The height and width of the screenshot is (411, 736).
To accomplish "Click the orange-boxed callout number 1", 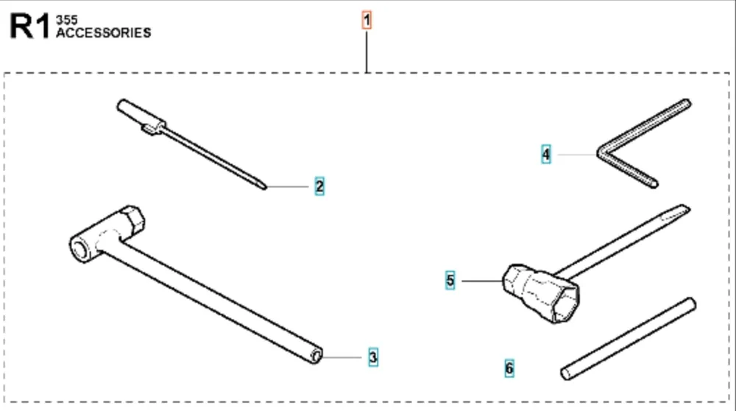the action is pyautogui.click(x=367, y=20).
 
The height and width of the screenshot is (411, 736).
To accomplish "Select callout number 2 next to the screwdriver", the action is pyautogui.click(x=319, y=186).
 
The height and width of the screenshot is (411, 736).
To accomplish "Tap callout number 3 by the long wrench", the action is pyautogui.click(x=372, y=357).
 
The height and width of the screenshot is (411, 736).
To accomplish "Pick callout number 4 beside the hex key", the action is pyautogui.click(x=546, y=155).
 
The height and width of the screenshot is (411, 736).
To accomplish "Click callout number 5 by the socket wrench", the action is pyautogui.click(x=450, y=281).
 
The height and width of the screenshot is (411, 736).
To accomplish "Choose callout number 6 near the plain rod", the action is pyautogui.click(x=509, y=368).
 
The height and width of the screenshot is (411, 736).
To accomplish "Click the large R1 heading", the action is pyautogui.click(x=29, y=27).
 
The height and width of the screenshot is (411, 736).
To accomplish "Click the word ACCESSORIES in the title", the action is pyautogui.click(x=104, y=33).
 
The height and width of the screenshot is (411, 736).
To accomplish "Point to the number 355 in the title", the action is pyautogui.click(x=67, y=20).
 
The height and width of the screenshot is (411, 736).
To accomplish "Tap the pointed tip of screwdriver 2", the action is pyautogui.click(x=265, y=188).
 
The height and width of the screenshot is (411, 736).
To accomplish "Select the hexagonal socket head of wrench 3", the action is pyautogui.click(x=132, y=219).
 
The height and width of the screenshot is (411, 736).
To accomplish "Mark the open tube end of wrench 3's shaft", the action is pyautogui.click(x=316, y=356).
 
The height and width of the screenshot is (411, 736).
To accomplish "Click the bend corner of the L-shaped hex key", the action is pyautogui.click(x=601, y=153).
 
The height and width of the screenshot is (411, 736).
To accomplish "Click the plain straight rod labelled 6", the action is pyautogui.click(x=629, y=339).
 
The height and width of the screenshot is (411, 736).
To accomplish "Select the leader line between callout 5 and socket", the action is pyautogui.click(x=482, y=281).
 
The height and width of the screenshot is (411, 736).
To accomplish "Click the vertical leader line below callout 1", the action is pyautogui.click(x=367, y=52).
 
